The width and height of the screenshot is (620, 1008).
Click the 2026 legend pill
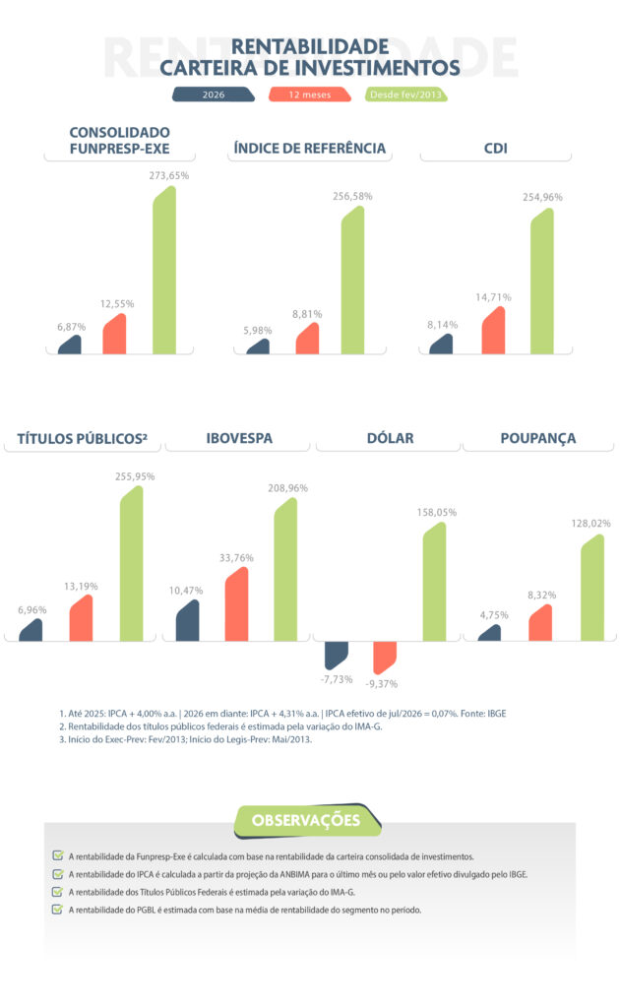[x=214, y=94]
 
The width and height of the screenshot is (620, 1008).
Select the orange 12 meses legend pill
[x=310, y=94]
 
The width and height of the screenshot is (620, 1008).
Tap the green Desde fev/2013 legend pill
[x=406, y=94]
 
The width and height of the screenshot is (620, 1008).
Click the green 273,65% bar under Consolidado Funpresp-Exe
[x=164, y=270]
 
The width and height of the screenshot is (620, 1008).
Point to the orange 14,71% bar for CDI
[x=493, y=331]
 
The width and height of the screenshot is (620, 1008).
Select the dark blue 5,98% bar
[x=258, y=346]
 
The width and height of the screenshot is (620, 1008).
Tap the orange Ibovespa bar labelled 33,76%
[x=236, y=604]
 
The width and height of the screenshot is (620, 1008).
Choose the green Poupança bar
[x=592, y=588]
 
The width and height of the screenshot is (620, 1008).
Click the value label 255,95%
[x=135, y=476]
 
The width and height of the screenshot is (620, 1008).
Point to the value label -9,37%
[x=382, y=684]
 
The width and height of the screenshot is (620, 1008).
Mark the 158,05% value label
[x=437, y=512]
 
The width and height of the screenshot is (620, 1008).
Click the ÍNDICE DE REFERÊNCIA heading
[x=310, y=149]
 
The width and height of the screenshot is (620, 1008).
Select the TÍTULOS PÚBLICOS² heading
[x=83, y=439]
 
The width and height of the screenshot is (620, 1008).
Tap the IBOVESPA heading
[x=239, y=438]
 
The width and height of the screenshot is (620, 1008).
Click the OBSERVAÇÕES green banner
[x=306, y=821]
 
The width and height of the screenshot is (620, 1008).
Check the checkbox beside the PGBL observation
[x=58, y=909]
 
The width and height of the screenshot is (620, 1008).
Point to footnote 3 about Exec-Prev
[x=186, y=739]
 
